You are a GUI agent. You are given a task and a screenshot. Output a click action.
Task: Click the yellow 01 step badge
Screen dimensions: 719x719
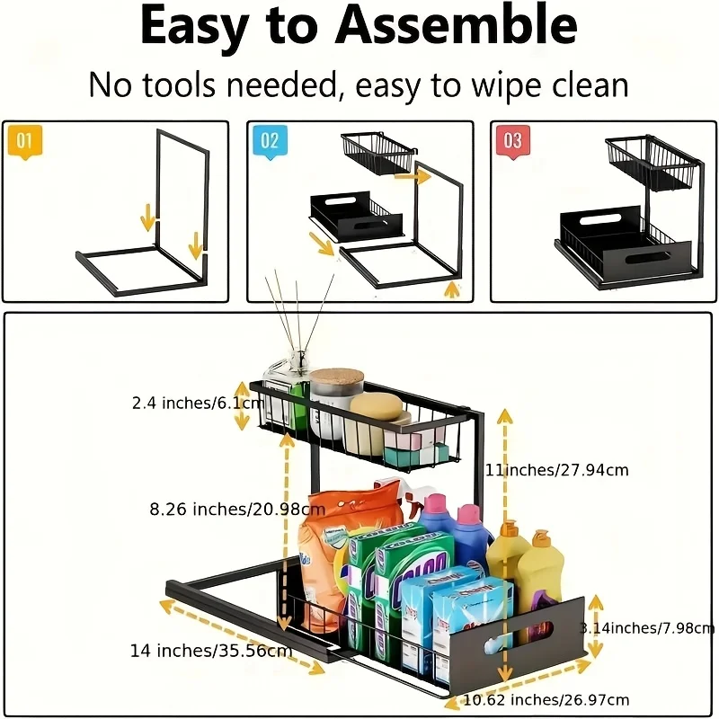[24, 141]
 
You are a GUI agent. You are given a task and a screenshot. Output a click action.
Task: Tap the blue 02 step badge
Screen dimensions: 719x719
[270, 141]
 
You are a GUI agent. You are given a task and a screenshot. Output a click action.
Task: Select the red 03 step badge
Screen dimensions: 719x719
[512, 141]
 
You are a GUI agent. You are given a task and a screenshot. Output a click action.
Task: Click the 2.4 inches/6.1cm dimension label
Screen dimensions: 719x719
[187, 403]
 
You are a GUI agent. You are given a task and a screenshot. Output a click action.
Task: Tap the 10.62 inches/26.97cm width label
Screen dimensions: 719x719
[533, 699]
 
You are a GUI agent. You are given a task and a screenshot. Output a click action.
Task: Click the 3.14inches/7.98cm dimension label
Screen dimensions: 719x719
[647, 627]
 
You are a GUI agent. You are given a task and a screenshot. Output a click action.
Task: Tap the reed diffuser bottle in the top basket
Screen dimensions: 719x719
[286, 395]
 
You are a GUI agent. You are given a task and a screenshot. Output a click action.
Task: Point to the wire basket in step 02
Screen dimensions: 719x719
[376, 155]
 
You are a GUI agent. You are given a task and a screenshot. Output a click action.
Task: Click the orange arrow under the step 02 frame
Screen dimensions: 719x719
[452, 289]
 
